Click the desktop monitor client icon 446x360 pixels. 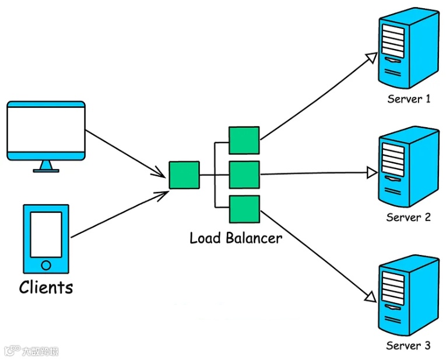[46, 131]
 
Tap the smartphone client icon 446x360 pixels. [46, 238]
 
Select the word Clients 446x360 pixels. [46, 287]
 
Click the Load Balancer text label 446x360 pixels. [236, 238]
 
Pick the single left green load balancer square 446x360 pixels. [184, 175]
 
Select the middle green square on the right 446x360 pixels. [244, 174]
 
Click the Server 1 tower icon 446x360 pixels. [408, 50]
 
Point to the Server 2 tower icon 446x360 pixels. [408, 168]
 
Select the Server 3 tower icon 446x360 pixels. [408, 296]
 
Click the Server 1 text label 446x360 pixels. [409, 99]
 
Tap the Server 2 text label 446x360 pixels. [409, 218]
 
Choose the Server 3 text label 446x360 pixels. [409, 345]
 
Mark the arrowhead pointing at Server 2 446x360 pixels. [372, 173]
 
